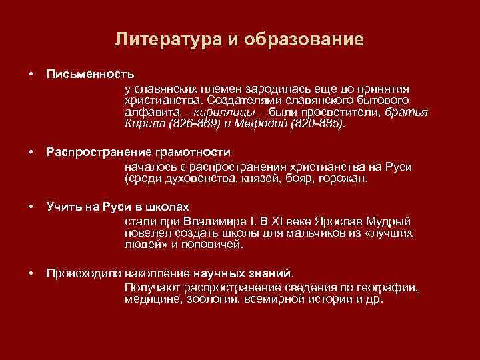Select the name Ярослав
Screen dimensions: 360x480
coord(333,221)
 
